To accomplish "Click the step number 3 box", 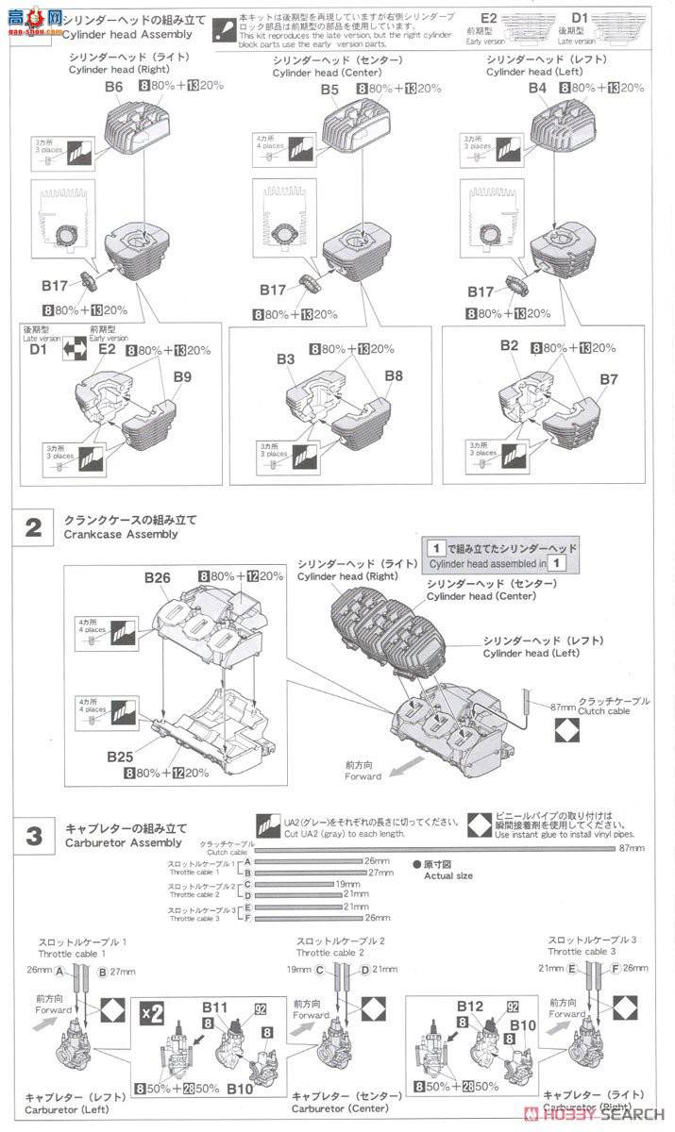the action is coord(33,836).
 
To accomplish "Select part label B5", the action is coord(329,90).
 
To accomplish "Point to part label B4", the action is coord(537,87).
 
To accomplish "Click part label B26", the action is coord(157,577).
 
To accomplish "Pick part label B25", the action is coord(119,757).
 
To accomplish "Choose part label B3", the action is coord(285,359).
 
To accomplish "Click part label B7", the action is coord(609,379).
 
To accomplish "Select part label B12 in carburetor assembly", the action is coord(469,1007).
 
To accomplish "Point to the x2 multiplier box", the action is coord(148,1015).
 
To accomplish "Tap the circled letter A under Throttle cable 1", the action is coord(59,971).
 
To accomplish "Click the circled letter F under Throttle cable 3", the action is coord(615,967).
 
